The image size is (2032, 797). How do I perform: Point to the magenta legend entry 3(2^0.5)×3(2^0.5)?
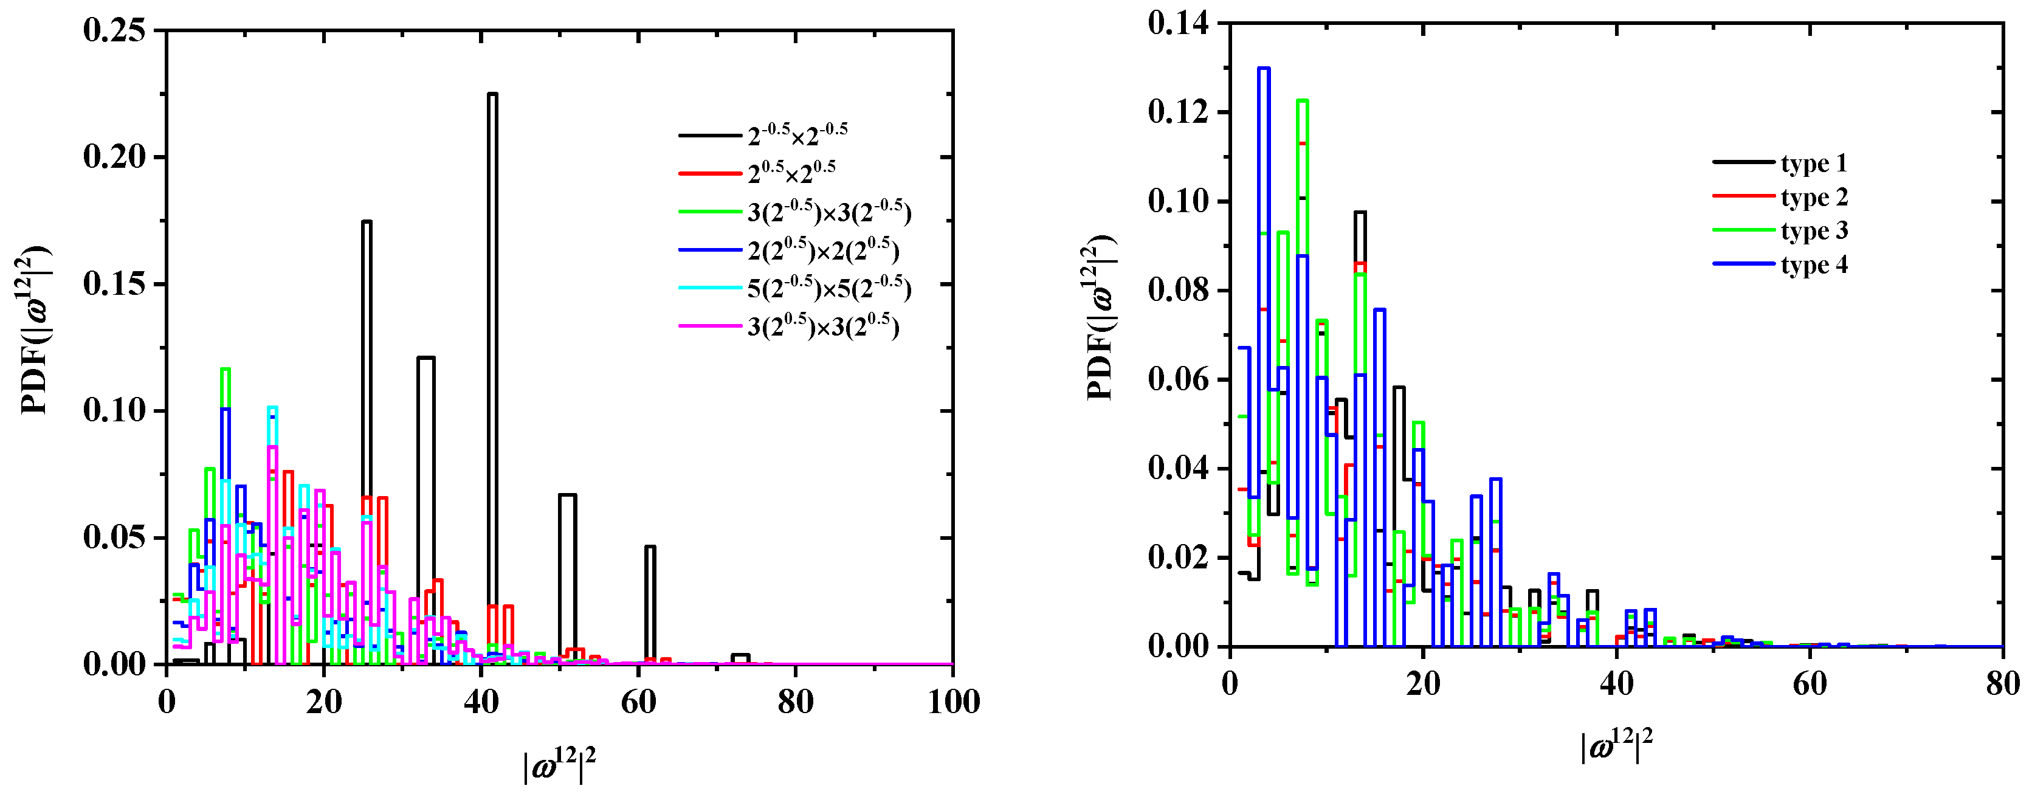823,326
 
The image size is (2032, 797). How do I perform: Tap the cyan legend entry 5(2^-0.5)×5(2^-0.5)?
829,289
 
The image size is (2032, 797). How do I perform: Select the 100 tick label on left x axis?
953,702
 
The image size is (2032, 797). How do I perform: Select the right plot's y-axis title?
1100,318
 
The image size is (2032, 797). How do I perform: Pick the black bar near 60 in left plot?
650,604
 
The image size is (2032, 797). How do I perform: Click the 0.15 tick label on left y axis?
114,284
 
